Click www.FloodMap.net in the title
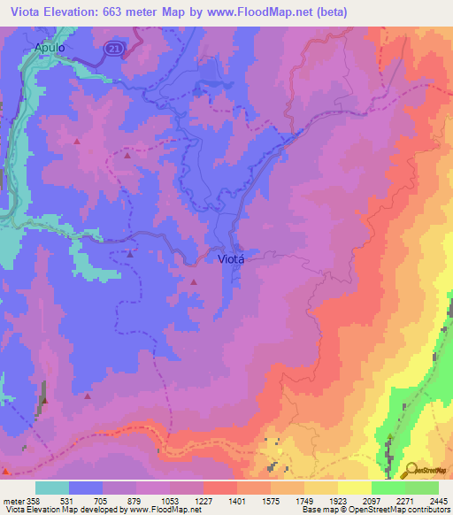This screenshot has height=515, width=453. [263, 12]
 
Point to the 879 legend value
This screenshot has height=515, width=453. [134, 500]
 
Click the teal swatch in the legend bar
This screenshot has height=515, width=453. [52, 488]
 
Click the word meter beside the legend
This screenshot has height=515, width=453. [12, 500]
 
